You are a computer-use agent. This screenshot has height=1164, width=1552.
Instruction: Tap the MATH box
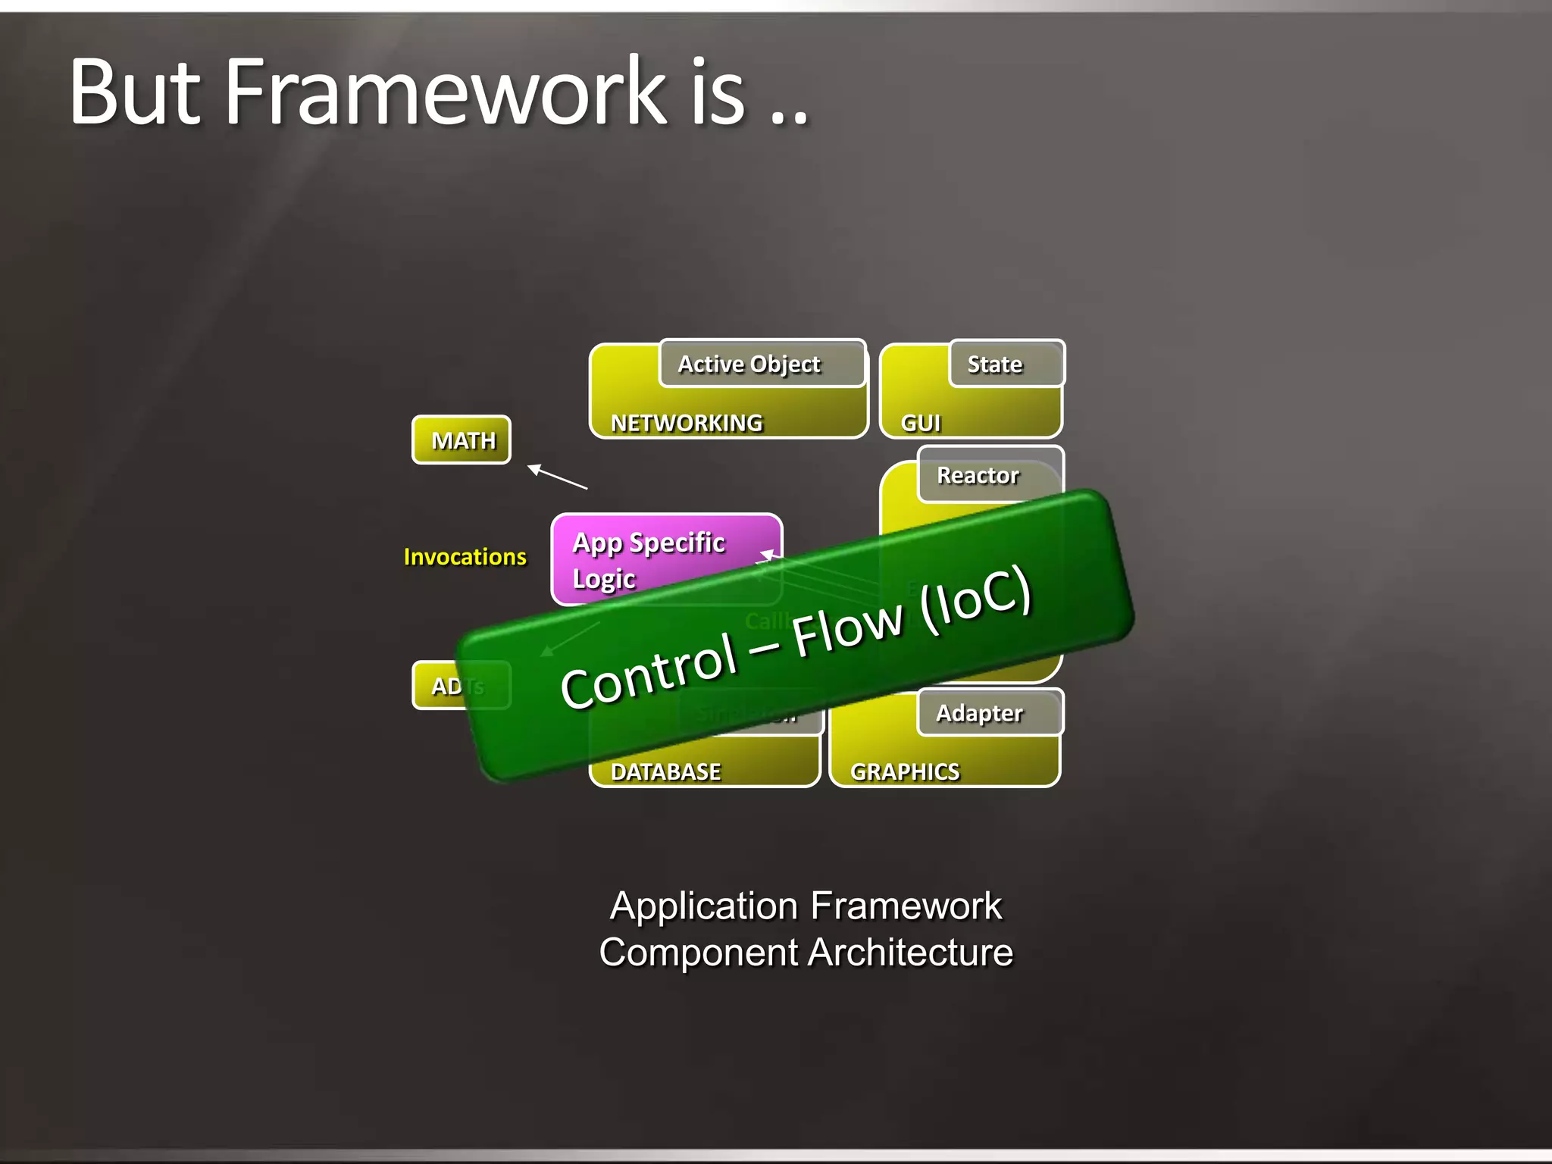(462, 440)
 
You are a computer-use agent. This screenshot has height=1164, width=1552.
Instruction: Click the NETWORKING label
(687, 423)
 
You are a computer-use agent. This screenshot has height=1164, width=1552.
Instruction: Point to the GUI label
(920, 423)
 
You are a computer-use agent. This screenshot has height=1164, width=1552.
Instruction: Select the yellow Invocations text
(465, 557)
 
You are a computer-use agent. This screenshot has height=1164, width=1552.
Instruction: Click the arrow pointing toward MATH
(556, 477)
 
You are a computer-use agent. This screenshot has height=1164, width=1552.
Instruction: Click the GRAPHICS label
(905, 771)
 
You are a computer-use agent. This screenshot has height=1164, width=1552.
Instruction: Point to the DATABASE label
(665, 771)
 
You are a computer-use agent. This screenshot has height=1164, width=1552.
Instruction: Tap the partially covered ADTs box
(447, 686)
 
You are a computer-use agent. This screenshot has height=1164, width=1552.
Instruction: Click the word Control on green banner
(649, 671)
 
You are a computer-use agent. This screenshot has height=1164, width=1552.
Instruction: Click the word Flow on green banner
(847, 629)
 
